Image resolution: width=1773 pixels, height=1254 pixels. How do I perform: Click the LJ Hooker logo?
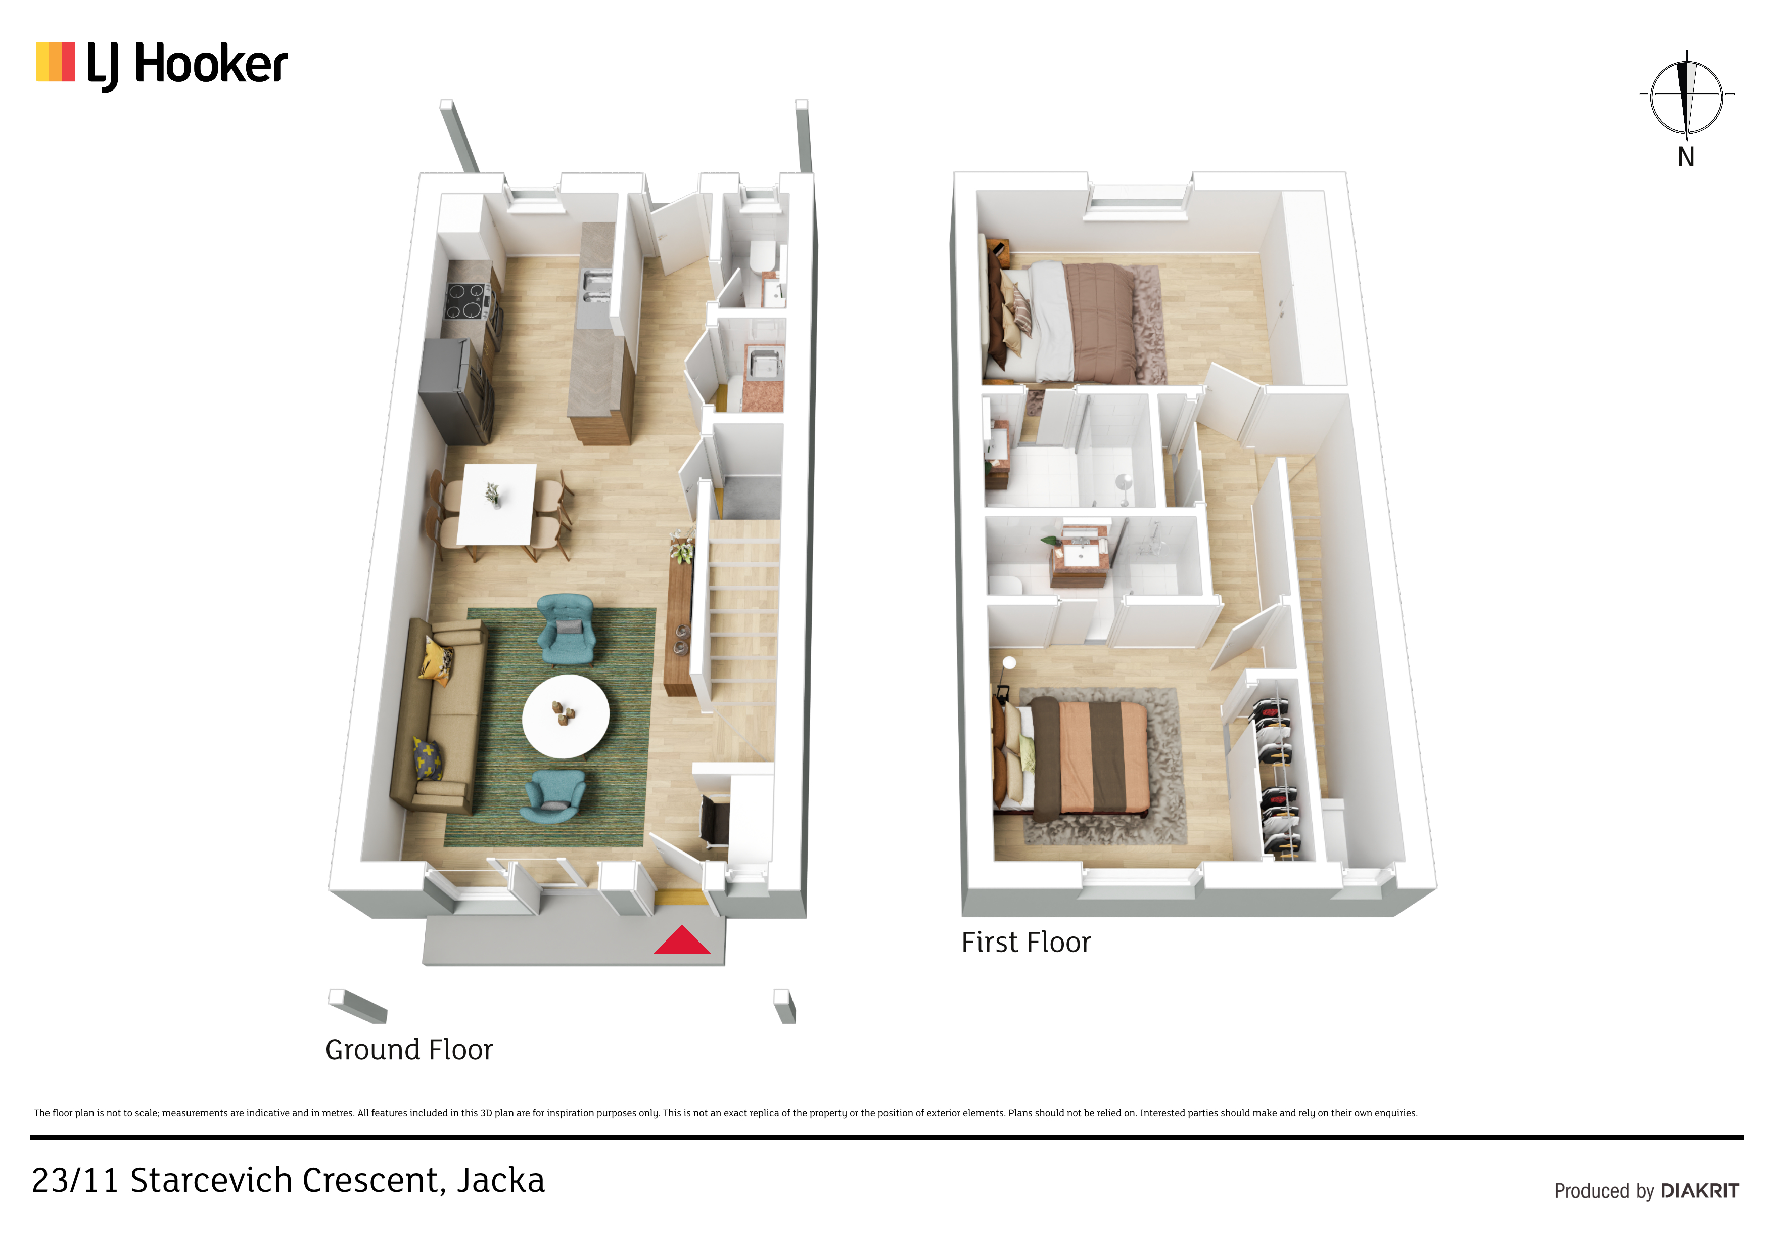pyautogui.click(x=161, y=64)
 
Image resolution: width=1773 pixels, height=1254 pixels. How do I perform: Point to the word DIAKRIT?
pyautogui.click(x=1700, y=1191)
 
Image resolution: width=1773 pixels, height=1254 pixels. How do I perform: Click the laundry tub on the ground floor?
pyautogui.click(x=764, y=363)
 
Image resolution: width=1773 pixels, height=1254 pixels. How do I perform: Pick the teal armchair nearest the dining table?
pyautogui.click(x=566, y=629)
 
